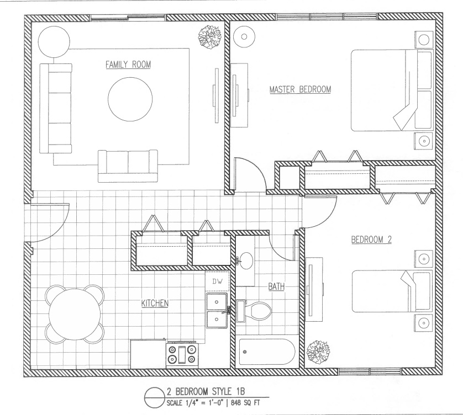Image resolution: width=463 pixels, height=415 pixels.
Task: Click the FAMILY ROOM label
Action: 128,65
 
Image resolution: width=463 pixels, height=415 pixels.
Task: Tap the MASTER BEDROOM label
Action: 301,89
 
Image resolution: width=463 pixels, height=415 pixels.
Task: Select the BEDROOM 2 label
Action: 371,240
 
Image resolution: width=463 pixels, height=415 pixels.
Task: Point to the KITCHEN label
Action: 155,303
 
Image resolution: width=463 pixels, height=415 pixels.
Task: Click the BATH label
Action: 276,286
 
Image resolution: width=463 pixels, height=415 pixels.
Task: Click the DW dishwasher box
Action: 218,281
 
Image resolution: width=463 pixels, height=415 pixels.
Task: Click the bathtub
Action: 267,352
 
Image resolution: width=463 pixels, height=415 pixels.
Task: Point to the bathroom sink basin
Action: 245,260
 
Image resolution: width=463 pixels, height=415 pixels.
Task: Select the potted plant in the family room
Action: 210,37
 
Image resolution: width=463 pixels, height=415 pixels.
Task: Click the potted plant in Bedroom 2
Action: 318,352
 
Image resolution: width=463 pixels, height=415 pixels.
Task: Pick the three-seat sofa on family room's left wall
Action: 56,108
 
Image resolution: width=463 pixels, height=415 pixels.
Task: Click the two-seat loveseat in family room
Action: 128,166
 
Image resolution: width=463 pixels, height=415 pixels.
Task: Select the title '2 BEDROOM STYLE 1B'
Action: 206,392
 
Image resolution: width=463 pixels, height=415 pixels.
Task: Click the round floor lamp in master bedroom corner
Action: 244,36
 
